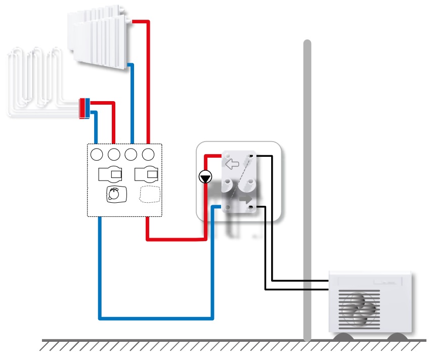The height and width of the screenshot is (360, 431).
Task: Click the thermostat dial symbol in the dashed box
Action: coord(115,194)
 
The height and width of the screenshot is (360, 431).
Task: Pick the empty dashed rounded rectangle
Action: coord(149,194)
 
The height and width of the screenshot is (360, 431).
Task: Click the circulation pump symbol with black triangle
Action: coord(205,177)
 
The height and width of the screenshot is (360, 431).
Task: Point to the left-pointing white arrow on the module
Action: coord(231,164)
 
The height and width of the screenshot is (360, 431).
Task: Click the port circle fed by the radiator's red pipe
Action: coord(149,154)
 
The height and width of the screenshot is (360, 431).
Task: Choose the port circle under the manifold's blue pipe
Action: coord(97,154)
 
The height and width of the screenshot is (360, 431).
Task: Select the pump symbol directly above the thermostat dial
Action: coord(110,174)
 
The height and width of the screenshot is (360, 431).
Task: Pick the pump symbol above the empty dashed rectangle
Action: coord(147,174)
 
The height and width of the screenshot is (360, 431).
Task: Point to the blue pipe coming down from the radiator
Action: coord(132,101)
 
